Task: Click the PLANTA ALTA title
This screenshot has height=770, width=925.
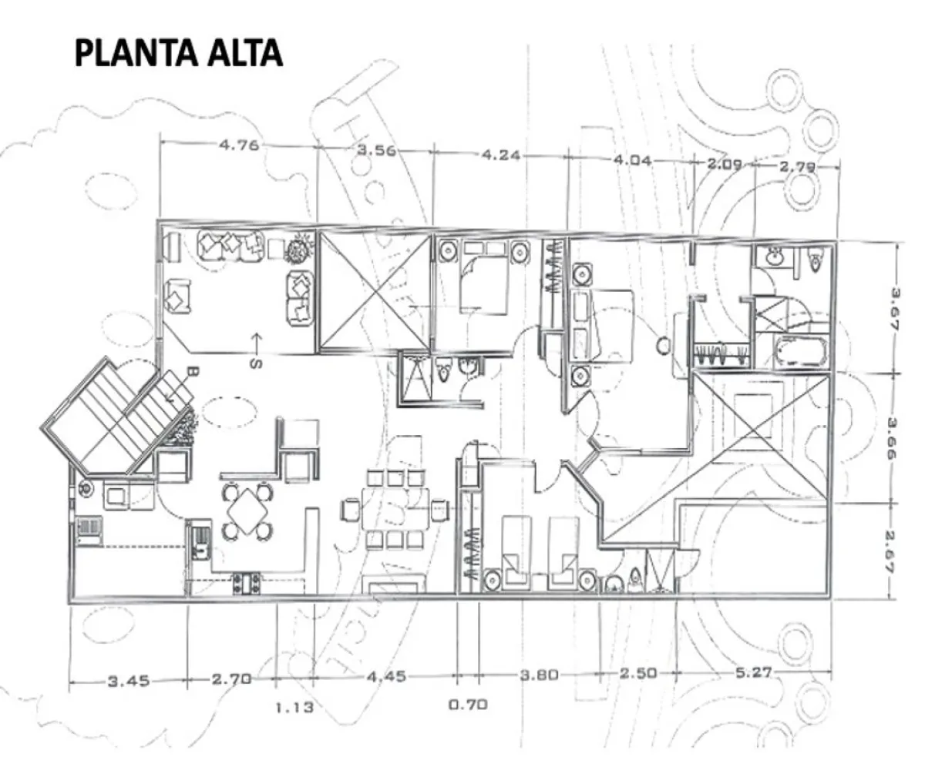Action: pyautogui.click(x=178, y=54)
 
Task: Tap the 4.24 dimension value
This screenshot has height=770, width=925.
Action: pyautogui.click(x=500, y=155)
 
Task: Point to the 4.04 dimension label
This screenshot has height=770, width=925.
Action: pyautogui.click(x=632, y=161)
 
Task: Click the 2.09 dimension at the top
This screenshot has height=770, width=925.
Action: pyautogui.click(x=724, y=163)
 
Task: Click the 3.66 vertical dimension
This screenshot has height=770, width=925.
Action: pyautogui.click(x=896, y=438)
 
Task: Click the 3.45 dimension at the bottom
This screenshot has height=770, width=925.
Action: pyautogui.click(x=128, y=681)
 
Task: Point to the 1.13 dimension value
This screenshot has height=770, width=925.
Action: pyautogui.click(x=294, y=708)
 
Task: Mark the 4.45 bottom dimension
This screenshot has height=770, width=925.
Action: pyautogui.click(x=385, y=677)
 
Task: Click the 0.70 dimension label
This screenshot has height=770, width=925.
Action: pyautogui.click(x=468, y=704)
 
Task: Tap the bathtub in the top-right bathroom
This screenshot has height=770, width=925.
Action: pyautogui.click(x=800, y=353)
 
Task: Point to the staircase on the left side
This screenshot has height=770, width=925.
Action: pyautogui.click(x=116, y=416)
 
